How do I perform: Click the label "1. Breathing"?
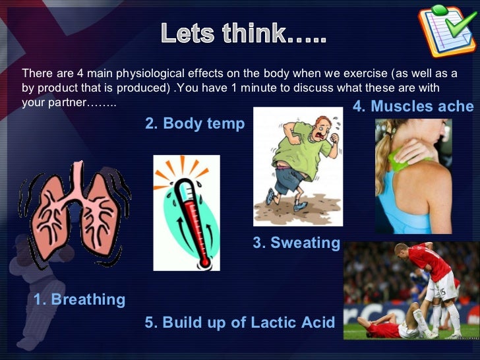79,299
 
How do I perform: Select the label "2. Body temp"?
195,123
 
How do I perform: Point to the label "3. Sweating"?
296,243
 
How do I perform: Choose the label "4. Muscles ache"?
413,106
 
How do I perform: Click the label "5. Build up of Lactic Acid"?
239,322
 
